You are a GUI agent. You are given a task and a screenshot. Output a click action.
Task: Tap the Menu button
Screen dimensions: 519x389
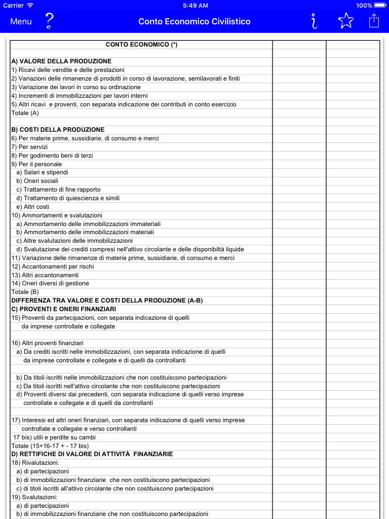coord(21,21)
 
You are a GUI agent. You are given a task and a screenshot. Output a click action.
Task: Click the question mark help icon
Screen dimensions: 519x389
coord(49,21)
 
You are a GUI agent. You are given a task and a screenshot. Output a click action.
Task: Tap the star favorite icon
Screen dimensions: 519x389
coord(345,21)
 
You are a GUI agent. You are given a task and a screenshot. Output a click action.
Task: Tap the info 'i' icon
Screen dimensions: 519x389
coord(315,21)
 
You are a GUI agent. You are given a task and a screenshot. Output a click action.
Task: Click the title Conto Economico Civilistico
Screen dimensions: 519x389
coord(194,21)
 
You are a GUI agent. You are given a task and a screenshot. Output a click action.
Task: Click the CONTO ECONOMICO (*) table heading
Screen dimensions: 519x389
coord(141,45)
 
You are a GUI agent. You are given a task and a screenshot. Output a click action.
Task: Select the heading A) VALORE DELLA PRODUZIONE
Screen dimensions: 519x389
coord(61,61)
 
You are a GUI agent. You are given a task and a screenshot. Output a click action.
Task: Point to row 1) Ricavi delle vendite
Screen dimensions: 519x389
coord(68,70)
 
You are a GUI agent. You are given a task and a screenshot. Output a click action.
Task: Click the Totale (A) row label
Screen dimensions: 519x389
coord(25,113)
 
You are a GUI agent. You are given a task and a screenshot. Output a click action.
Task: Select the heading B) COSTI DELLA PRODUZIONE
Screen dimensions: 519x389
coord(58,130)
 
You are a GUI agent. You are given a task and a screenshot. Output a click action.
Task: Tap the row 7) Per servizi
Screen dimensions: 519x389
coord(29,147)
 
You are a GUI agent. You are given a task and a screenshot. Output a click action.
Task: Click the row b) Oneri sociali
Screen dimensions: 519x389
coord(37,181)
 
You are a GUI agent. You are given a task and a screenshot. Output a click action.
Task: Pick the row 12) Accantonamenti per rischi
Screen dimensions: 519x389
coord(53,267)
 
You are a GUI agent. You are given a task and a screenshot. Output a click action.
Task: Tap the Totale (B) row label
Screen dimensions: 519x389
coord(25,292)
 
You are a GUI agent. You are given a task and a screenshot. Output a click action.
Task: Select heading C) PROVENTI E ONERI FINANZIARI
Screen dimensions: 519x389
coord(64,309)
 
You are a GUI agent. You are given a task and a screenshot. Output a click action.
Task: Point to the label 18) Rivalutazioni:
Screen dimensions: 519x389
coord(35,463)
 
